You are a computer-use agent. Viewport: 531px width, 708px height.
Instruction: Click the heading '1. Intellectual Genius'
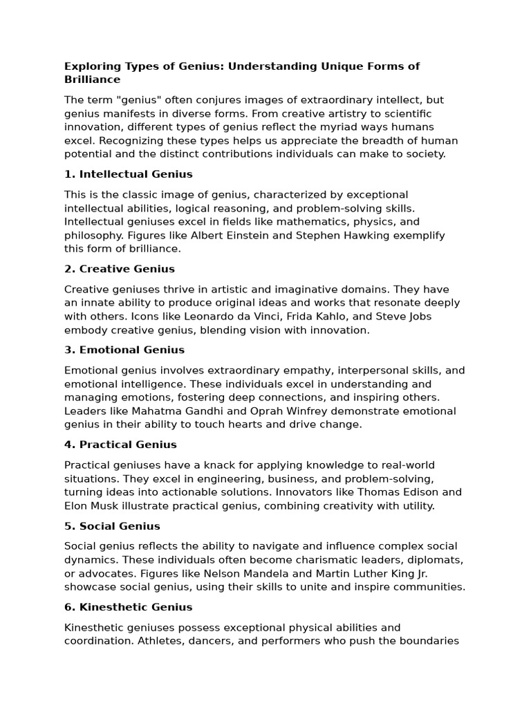(129, 174)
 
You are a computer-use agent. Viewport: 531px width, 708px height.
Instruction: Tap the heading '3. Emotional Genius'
(124, 350)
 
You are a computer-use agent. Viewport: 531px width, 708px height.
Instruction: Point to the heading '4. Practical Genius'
(120, 445)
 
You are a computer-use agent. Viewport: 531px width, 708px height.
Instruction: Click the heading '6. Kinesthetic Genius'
(129, 607)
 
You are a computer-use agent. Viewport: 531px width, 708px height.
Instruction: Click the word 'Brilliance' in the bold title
(93, 80)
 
